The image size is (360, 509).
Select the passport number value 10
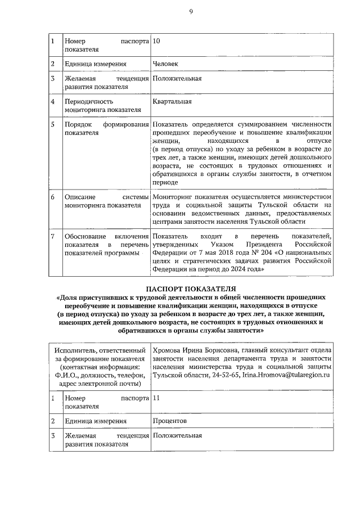(156, 41)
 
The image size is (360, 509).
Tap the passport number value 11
(156, 398)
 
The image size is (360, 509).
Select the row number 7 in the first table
(52, 236)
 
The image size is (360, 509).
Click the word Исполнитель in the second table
(75, 351)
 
